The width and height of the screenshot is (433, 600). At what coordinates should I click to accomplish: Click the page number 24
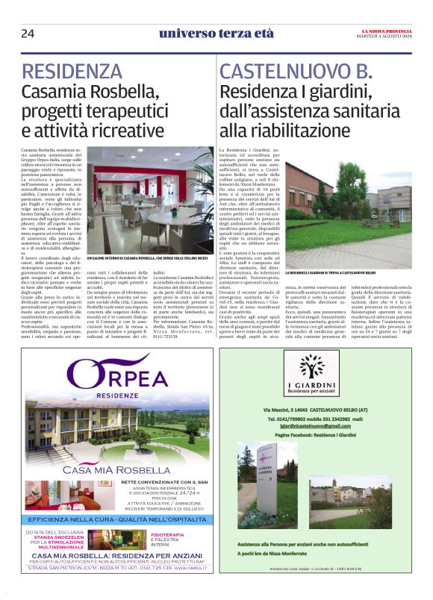[x=28, y=34]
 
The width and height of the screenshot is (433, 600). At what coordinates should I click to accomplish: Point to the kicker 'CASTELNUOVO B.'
[x=296, y=72]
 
